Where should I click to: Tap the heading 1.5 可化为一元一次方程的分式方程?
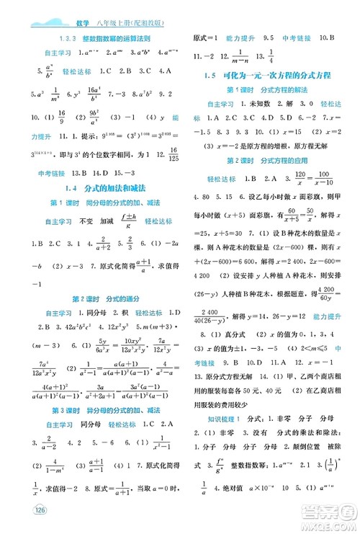tap(269, 76)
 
